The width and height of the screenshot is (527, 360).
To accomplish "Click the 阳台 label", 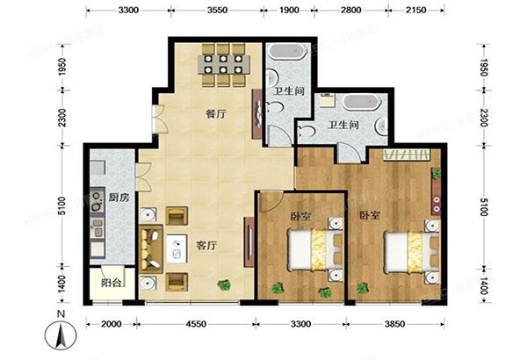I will (111, 284).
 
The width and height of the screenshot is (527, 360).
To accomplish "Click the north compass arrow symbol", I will (58, 334).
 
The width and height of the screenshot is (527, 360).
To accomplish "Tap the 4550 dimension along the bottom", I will (197, 325).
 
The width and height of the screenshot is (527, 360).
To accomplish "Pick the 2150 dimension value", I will (416, 11).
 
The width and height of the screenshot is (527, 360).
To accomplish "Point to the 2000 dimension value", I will (111, 325).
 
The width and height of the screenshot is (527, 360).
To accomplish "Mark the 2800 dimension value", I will (350, 11).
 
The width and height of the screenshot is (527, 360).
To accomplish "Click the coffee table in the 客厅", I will (178, 249).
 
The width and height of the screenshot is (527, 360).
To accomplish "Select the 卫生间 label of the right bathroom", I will (343, 126).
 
